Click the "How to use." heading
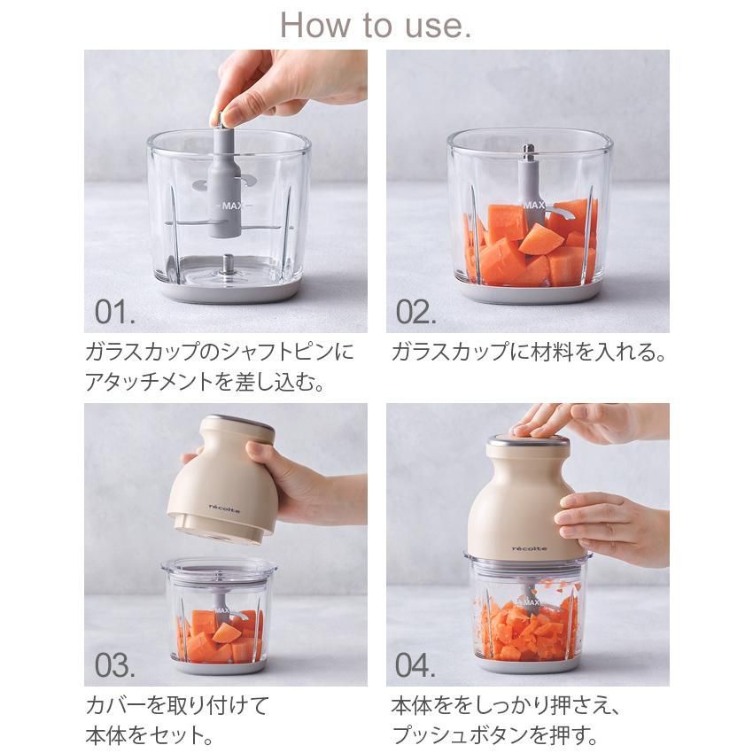point(376,26)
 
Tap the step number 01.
point(115,312)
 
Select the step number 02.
point(415,312)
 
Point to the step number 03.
point(115,665)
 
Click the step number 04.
point(415,665)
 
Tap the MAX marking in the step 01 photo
point(232,206)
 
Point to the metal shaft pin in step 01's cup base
point(225,266)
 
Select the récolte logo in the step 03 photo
point(225,508)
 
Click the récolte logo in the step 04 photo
point(529,548)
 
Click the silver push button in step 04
point(528,441)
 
